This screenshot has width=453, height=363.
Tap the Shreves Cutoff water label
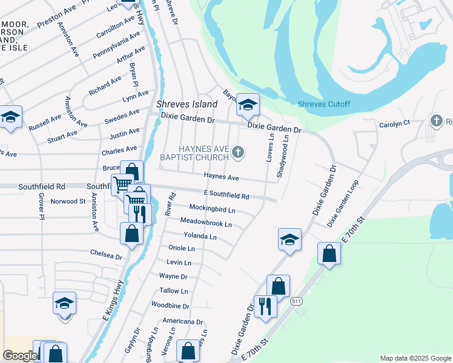(x=324, y=104)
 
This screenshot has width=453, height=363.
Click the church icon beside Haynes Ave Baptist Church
(x=238, y=152)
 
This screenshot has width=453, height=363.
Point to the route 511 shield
(x=296, y=301)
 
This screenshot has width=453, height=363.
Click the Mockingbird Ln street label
(x=211, y=210)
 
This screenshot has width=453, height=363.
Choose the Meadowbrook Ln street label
(x=206, y=223)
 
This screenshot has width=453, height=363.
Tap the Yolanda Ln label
(x=200, y=237)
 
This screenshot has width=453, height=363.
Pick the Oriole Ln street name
(x=181, y=249)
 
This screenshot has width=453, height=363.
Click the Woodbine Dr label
(x=170, y=306)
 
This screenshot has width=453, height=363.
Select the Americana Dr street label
(x=182, y=321)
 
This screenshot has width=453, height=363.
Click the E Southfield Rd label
(x=226, y=196)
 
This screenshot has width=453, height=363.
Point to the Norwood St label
(x=68, y=201)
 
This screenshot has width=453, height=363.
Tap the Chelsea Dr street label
(x=106, y=255)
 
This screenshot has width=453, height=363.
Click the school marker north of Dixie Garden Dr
(x=247, y=105)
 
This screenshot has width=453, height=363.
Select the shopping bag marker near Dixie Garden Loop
(x=329, y=253)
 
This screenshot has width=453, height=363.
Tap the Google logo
(x=19, y=356)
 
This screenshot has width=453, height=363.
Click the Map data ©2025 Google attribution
(x=415, y=358)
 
